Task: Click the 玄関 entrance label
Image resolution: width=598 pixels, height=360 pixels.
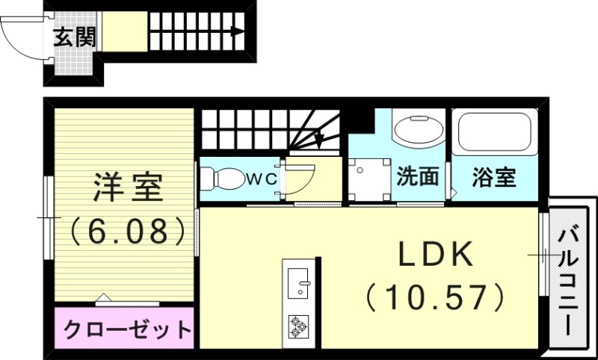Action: (75, 36)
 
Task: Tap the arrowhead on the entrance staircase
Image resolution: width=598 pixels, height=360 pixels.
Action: (237, 31)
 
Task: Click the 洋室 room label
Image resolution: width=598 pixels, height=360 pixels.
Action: (127, 187)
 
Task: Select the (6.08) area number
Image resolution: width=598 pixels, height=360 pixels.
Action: (127, 231)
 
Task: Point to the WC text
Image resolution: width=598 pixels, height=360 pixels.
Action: (262, 179)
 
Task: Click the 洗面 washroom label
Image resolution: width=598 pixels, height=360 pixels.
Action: (417, 178)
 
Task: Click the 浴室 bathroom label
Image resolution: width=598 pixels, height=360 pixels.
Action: (494, 178)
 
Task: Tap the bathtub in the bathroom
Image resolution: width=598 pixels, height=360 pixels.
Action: (494, 133)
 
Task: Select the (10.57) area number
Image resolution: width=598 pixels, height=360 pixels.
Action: (436, 297)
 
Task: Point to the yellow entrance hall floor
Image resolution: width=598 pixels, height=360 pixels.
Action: (124, 31)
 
